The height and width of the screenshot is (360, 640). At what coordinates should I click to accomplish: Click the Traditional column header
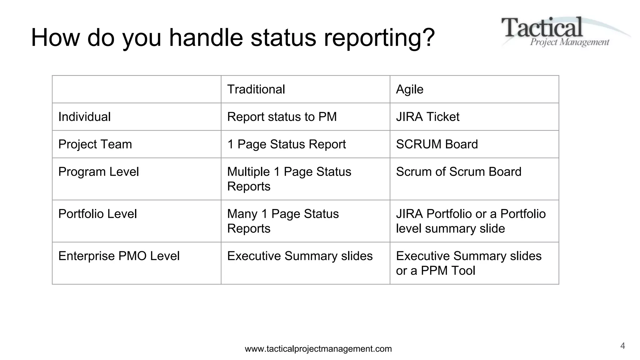pos(256,89)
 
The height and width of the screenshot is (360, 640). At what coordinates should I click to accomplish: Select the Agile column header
pos(409,89)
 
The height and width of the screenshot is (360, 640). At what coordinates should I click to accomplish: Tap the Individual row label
pos(84,117)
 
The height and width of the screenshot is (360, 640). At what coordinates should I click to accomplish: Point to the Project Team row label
pos(95,144)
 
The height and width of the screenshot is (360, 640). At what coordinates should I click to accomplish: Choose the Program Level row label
pos(98,172)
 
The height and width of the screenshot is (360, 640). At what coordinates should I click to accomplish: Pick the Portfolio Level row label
pos(97,214)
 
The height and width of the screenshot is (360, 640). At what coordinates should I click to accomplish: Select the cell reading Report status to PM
pos(282,117)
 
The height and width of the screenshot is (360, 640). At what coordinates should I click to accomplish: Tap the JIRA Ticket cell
pos(427,117)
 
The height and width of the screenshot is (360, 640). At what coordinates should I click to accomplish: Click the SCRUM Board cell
pos(437,144)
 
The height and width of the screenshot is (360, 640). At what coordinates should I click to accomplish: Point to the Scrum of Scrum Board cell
pos(458,172)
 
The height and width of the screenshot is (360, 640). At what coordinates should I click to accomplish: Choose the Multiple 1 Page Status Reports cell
pos(289,179)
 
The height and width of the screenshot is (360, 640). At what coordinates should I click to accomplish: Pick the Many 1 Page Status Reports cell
pos(283,221)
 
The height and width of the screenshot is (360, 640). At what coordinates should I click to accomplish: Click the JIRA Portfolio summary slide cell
pos(471,221)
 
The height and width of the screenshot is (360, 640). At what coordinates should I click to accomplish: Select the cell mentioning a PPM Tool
pos(468,263)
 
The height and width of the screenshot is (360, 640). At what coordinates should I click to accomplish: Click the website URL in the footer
pos(318,349)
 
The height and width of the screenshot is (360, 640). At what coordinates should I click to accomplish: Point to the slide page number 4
pos(622,346)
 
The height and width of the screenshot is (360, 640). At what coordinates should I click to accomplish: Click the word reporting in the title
pos(379,38)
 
